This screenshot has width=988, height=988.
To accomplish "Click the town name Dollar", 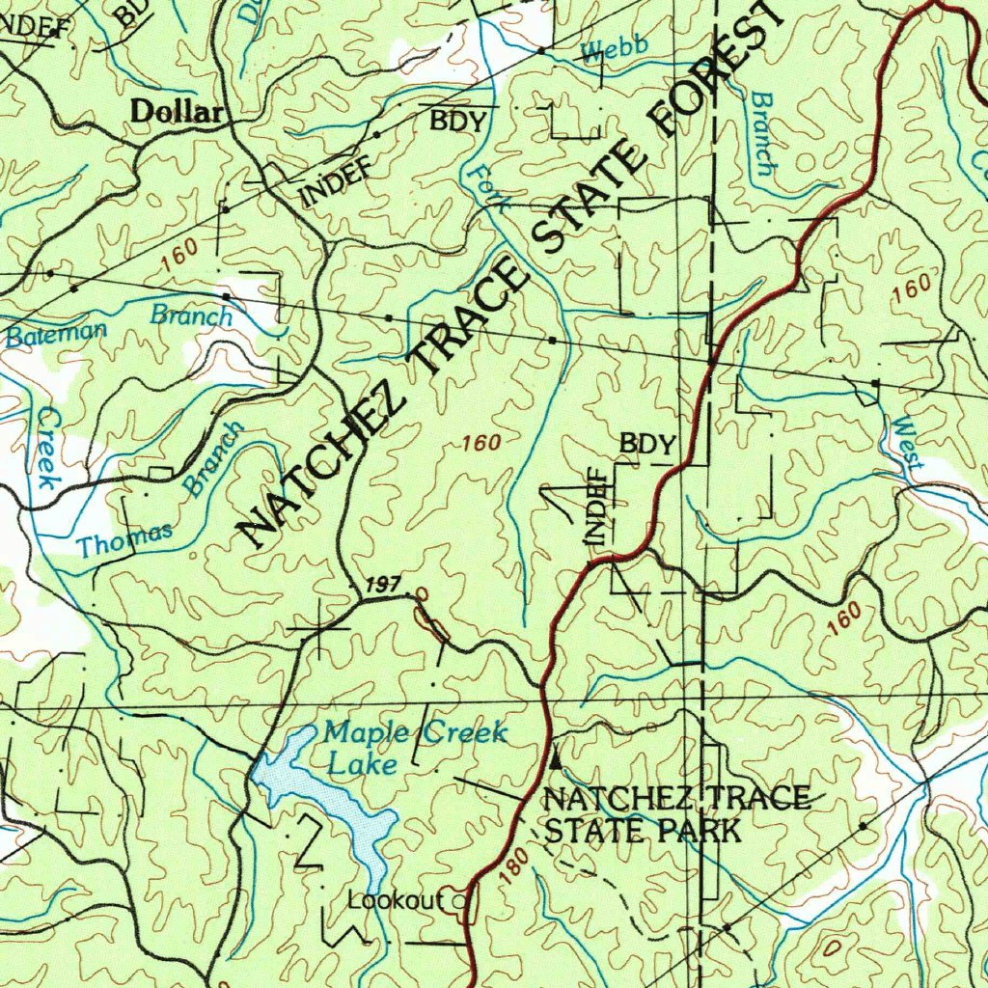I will [x=177, y=112].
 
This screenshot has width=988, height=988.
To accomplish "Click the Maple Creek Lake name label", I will [x=414, y=746].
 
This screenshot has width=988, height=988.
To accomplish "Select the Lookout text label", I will [x=396, y=901].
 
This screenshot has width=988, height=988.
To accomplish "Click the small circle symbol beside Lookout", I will [x=460, y=902].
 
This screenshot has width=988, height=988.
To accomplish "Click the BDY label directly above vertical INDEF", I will [x=647, y=444].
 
